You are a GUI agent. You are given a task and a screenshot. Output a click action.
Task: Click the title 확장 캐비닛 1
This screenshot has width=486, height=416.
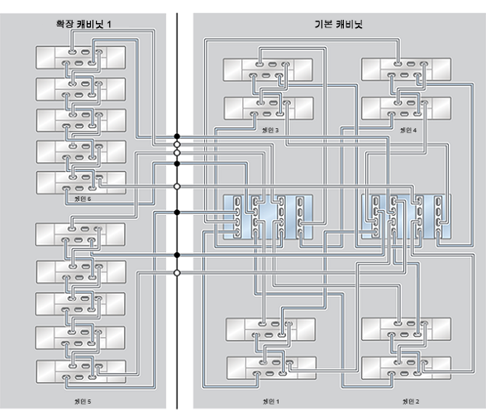point(80,26)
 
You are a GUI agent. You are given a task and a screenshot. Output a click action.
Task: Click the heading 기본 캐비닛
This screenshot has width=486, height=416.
point(339,26)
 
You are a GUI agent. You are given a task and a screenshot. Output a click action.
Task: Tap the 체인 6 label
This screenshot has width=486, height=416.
point(80,199)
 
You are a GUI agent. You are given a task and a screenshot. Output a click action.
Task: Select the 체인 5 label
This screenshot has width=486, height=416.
point(80,401)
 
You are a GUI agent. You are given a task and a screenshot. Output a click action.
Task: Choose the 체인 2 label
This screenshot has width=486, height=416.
point(409,401)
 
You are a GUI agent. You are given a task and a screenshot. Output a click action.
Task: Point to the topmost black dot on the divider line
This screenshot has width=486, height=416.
point(177,136)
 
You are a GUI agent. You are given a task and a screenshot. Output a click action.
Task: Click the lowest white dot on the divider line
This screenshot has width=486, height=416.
point(177,272)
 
